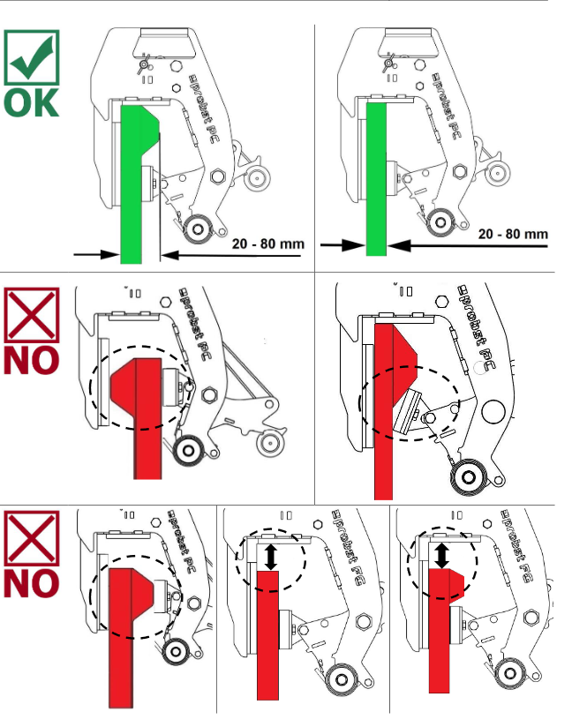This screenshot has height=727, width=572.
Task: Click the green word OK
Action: (x=32, y=101)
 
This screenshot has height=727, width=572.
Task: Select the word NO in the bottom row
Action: (x=32, y=583)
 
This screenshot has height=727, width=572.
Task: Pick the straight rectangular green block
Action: (x=376, y=176)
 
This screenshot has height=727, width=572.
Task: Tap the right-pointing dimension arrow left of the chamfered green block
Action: (x=97, y=254)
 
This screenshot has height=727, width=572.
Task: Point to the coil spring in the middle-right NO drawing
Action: (x=466, y=480)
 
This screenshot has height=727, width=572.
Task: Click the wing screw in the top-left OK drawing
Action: (x=141, y=64)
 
